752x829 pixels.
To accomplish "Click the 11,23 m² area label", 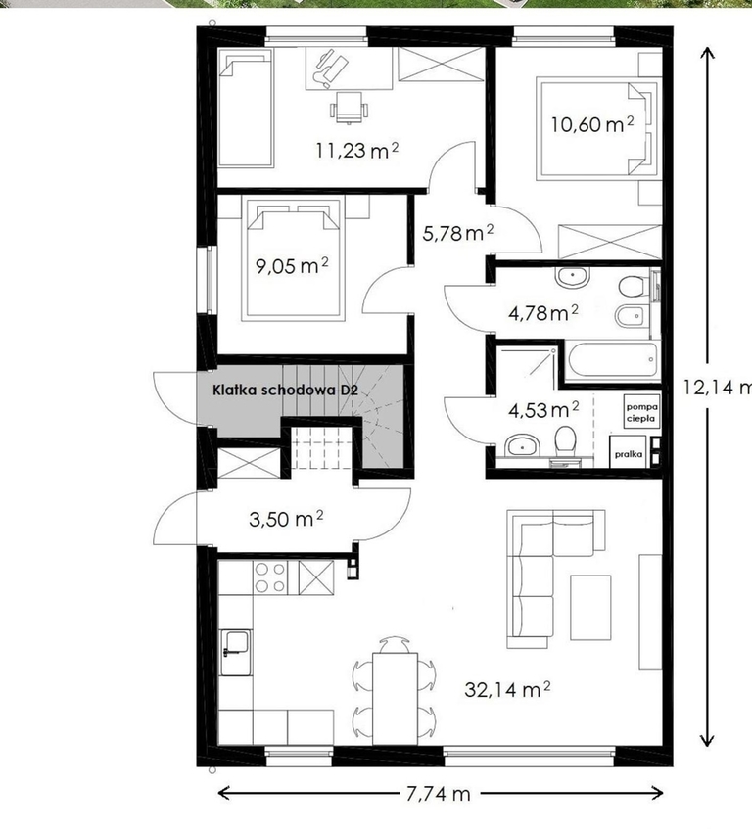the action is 357,150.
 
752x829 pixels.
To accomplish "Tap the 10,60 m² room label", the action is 592,124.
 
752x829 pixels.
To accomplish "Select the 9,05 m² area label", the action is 292,265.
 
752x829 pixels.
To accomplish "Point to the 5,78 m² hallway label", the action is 458,232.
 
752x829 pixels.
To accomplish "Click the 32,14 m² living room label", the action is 507,689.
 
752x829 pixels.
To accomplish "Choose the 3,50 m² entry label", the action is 286,519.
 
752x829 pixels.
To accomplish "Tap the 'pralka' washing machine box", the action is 629,453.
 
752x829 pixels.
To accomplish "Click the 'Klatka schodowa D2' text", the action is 286,391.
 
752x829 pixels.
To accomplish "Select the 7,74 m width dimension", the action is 439,793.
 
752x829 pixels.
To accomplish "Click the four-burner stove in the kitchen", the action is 270,576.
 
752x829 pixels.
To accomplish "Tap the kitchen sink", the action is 235,653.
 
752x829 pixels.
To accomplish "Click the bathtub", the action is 612,360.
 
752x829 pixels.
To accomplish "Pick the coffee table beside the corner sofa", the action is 590,607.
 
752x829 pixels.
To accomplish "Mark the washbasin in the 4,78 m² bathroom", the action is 572,277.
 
